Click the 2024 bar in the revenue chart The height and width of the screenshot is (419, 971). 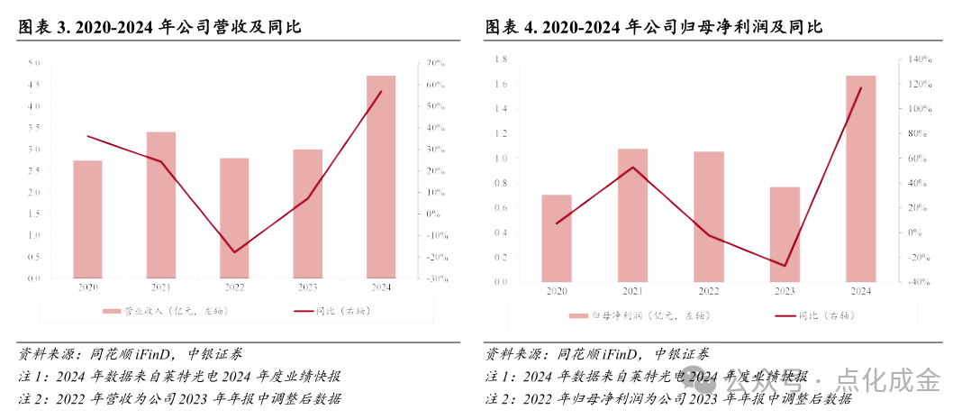pos(381,177)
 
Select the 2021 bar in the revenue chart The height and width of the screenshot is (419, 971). pos(161,205)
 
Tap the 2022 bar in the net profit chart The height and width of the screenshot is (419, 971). pos(708,216)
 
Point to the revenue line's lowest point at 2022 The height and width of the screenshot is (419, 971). pos(235,252)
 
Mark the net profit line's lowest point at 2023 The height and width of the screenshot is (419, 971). pos(785,266)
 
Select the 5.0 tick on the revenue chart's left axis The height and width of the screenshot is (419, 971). pos(34,63)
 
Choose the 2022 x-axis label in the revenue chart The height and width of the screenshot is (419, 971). pos(234,288)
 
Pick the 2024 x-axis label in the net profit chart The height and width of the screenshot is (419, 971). pos(860,292)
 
